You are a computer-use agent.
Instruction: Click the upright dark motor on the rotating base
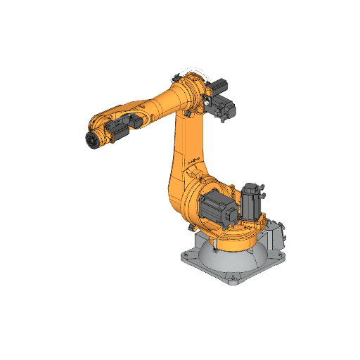point(251,204)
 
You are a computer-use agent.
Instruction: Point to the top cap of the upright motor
point(252,187)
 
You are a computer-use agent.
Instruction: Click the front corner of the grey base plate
point(233,283)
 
